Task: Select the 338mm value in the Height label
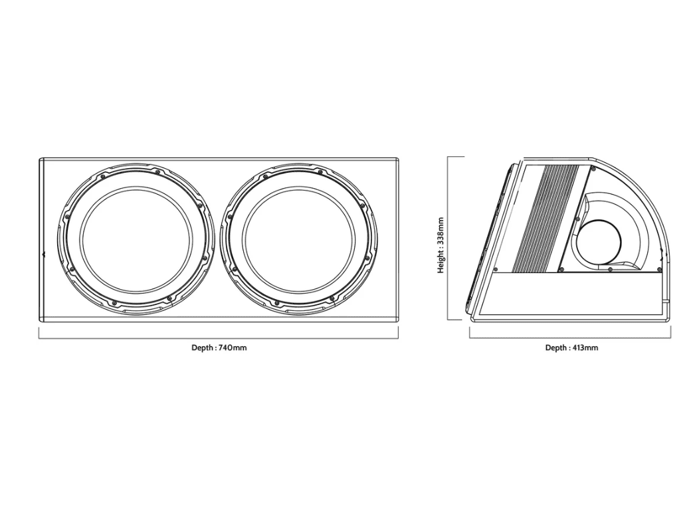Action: click(440, 231)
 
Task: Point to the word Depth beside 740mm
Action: click(203, 348)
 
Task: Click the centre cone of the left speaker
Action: click(136, 239)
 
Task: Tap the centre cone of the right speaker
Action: click(298, 239)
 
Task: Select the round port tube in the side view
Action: click(599, 242)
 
